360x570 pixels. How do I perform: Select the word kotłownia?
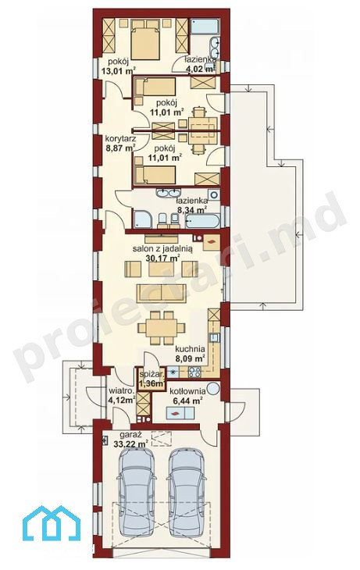click(x=187, y=391)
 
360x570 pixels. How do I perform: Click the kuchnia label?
click(x=190, y=349)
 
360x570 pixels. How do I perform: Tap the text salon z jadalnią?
click(x=162, y=249)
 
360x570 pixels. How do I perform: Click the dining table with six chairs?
click(x=162, y=327)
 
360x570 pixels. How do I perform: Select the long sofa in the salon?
click(x=161, y=293)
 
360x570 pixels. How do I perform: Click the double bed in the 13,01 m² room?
click(x=145, y=40)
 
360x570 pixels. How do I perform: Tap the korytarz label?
click(x=120, y=138)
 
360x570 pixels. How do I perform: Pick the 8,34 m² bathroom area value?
click(x=192, y=209)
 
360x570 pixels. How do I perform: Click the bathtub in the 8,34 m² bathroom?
click(x=203, y=221)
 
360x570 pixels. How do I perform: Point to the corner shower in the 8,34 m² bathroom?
click(x=143, y=219)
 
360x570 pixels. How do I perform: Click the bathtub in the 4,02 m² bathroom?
click(x=205, y=27)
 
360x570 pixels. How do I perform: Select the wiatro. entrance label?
click(x=122, y=391)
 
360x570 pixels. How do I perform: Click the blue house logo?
click(x=52, y=523)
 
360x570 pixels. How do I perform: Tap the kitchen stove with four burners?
click(x=194, y=372)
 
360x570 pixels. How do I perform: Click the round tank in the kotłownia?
click(x=213, y=388)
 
